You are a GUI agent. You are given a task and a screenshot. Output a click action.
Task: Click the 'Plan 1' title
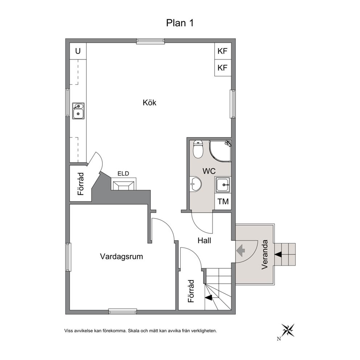tap(180, 23)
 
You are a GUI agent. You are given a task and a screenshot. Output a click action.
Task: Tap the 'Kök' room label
tap(150, 102)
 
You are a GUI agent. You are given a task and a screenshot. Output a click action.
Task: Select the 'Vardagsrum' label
tap(122, 257)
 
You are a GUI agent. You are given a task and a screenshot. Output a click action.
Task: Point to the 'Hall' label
tap(204, 241)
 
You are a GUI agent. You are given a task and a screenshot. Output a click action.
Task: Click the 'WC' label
tap(209, 171)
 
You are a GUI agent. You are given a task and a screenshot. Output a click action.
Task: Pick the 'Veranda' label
tap(265, 254)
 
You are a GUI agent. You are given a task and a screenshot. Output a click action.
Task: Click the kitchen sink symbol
tap(78, 111)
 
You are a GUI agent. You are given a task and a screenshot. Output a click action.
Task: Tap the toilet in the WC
tap(198, 149)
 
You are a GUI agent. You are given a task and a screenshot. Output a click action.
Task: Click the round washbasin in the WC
tap(196, 184)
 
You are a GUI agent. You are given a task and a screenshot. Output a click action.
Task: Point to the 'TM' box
tap(223, 201)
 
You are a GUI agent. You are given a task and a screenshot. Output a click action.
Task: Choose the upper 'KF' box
tap(222, 51)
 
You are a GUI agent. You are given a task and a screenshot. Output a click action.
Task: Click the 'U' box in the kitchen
tap(78, 51)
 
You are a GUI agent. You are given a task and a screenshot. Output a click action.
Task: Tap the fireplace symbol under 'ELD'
tap(123, 184)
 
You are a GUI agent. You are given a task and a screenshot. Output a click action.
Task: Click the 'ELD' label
tap(123, 173)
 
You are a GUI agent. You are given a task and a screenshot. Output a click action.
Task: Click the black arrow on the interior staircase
tap(208, 298)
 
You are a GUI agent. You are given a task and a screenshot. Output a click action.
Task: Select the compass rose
tap(288, 330)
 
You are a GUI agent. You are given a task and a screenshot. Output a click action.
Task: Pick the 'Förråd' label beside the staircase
tap(191, 291)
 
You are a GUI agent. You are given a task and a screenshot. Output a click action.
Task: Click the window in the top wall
tap(150, 41)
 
